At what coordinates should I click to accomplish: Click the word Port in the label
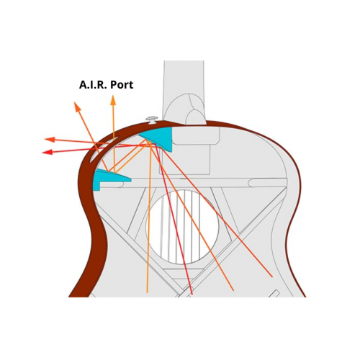[x=121, y=85]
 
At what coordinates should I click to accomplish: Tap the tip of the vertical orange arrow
[x=113, y=95]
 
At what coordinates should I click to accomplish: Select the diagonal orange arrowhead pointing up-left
[x=77, y=107]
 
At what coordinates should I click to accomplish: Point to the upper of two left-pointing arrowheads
[x=50, y=140]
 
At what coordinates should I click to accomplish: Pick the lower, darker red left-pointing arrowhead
[x=48, y=152]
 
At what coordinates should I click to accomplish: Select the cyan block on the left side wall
[x=106, y=178]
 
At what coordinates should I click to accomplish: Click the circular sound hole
[x=182, y=228]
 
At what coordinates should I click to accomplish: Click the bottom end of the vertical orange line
[x=147, y=292]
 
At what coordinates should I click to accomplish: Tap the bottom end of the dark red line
[x=192, y=294]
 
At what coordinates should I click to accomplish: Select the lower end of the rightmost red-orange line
[x=272, y=277]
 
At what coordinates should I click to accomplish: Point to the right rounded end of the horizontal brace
[x=251, y=183]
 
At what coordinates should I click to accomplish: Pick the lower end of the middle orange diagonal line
[x=233, y=291]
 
